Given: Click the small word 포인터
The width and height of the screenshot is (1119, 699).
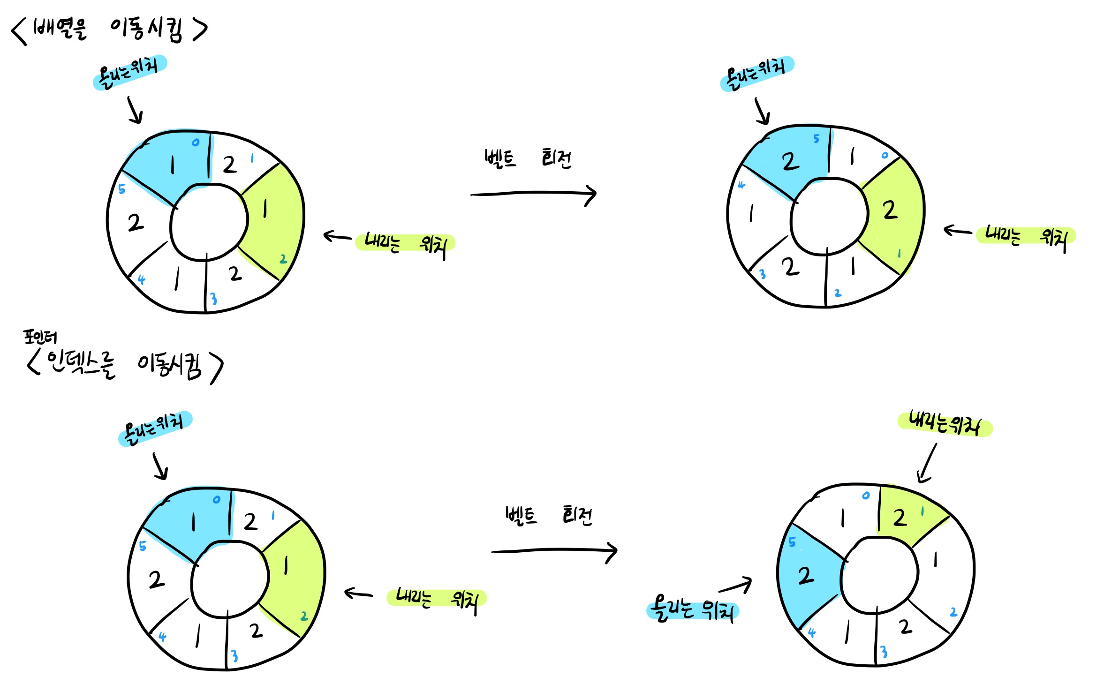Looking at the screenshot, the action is (x=40, y=337).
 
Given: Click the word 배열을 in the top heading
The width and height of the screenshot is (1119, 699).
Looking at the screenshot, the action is (x=60, y=30).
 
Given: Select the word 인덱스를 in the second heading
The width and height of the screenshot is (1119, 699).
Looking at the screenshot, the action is (x=81, y=365).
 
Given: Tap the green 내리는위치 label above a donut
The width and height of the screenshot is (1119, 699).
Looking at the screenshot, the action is (x=944, y=423).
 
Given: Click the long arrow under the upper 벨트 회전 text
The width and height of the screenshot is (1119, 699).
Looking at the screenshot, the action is (x=533, y=193).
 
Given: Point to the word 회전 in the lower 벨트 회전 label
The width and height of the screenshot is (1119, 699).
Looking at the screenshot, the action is (x=577, y=516).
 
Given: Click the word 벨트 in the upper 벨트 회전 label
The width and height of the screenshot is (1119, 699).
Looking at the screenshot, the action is (x=500, y=158).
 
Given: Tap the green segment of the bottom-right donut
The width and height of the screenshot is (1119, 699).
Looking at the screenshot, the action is (x=907, y=516).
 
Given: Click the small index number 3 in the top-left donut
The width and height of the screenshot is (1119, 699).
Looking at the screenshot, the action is (x=213, y=299).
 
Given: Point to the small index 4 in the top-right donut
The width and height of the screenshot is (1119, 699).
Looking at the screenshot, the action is (x=741, y=185).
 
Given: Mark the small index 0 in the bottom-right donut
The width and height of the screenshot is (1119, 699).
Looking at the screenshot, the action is (x=866, y=496).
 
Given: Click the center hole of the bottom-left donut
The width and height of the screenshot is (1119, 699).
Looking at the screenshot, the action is (x=229, y=579).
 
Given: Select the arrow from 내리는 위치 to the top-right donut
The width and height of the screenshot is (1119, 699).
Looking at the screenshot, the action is (x=958, y=231).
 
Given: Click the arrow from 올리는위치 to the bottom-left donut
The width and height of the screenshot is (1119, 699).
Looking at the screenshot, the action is (x=160, y=466).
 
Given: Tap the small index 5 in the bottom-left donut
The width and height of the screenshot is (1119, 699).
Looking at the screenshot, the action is (x=143, y=546).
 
